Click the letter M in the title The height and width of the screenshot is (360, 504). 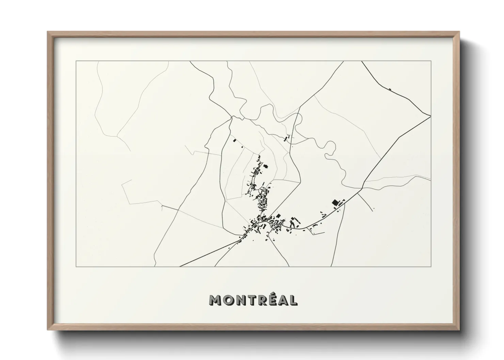217,300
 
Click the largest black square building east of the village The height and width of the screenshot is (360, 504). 334,202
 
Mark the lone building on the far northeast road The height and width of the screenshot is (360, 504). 390,89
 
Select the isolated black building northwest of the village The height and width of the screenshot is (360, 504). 234,140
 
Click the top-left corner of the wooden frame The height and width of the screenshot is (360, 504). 48,32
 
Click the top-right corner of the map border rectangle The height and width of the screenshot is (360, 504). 431,61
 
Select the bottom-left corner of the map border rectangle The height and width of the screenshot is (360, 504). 76,267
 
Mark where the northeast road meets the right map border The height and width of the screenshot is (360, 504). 431,116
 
